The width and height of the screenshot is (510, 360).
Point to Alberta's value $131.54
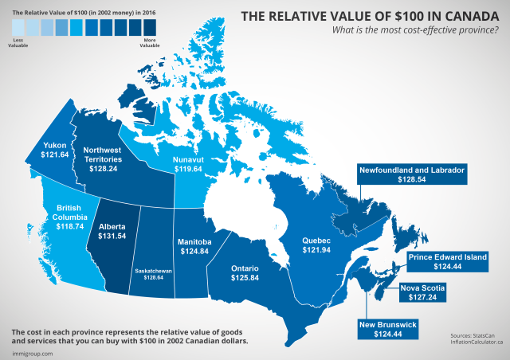[x=112, y=237]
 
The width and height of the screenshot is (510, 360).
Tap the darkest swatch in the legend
[x=149, y=25]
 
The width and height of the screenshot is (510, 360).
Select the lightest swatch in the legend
[x=18, y=25]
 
